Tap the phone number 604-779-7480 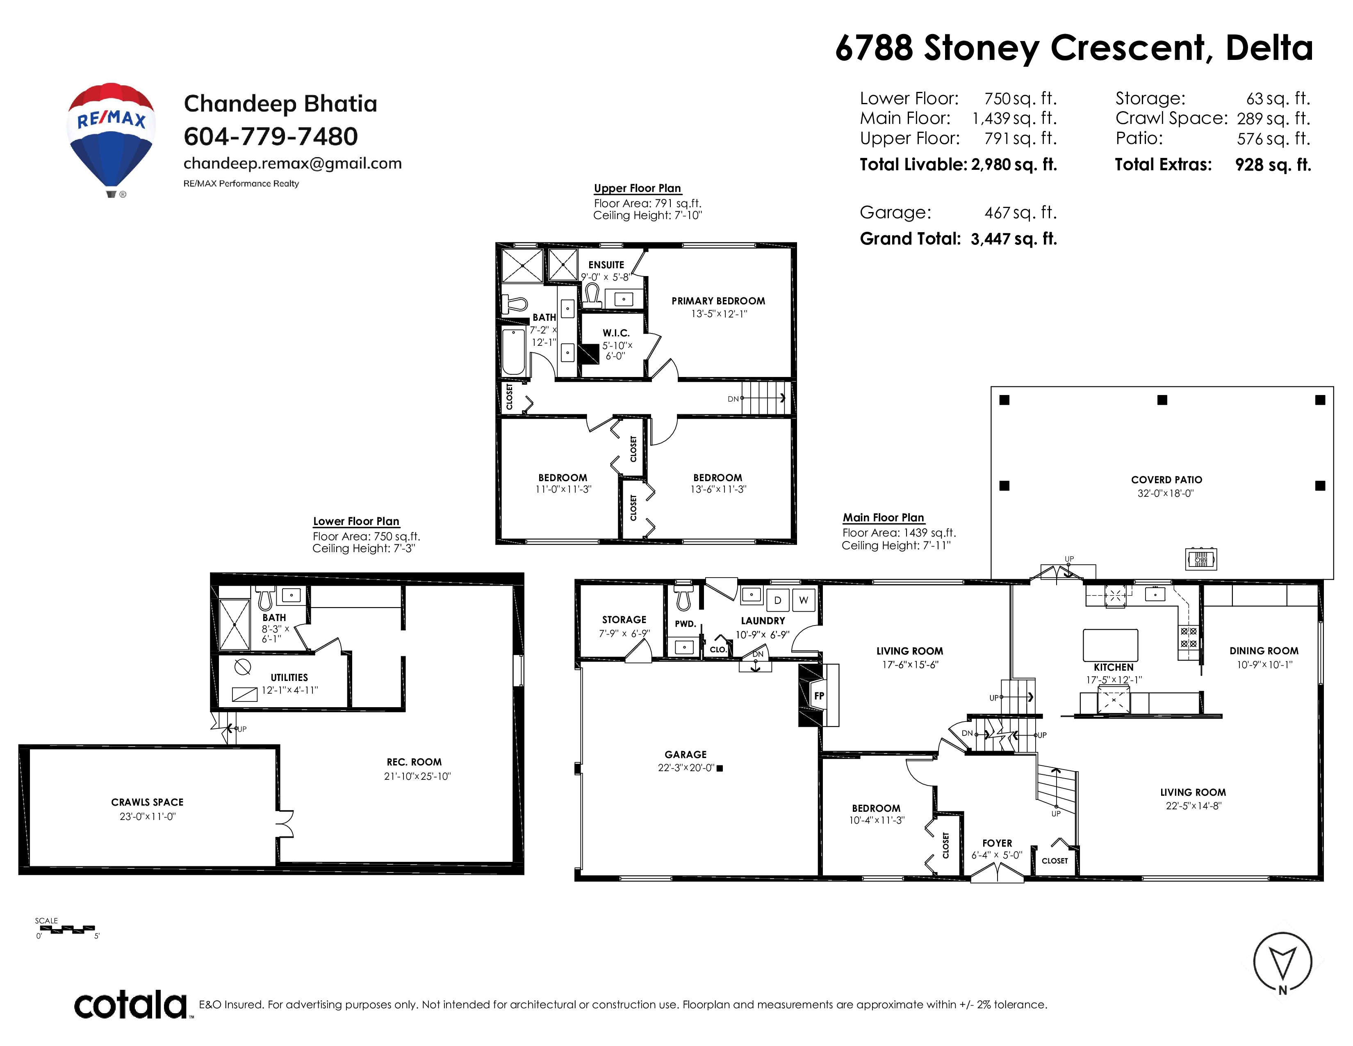pyautogui.click(x=271, y=136)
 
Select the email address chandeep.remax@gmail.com pyautogui.click(x=292, y=164)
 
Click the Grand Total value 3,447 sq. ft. pyautogui.click(x=1014, y=239)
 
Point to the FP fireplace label pyautogui.click(x=819, y=696)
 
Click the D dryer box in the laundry pyautogui.click(x=777, y=600)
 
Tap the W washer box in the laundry pyautogui.click(x=804, y=600)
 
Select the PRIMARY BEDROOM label pyautogui.click(x=718, y=301)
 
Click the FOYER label pyautogui.click(x=997, y=843)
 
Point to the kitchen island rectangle pyautogui.click(x=1110, y=646)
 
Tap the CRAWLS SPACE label pyautogui.click(x=148, y=802)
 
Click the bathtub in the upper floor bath pyautogui.click(x=514, y=352)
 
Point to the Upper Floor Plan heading pyautogui.click(x=638, y=188)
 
